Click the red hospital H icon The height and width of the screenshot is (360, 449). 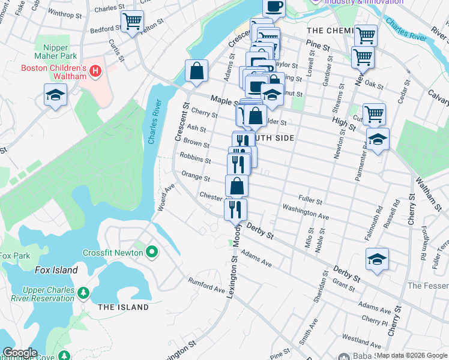[94, 73]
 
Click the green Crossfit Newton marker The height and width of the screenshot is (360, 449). [151, 252]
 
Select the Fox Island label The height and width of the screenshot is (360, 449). [56, 270]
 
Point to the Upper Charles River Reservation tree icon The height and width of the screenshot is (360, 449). [83, 293]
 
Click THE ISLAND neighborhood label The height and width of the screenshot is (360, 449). [123, 307]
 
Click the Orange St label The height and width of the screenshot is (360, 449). [195, 178]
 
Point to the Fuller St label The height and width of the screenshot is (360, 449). [310, 200]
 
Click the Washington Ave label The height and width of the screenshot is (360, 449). [306, 212]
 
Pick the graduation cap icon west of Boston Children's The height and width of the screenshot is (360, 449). [55, 95]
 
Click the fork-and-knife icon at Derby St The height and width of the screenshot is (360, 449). [235, 209]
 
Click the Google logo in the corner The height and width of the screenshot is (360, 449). [20, 353]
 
